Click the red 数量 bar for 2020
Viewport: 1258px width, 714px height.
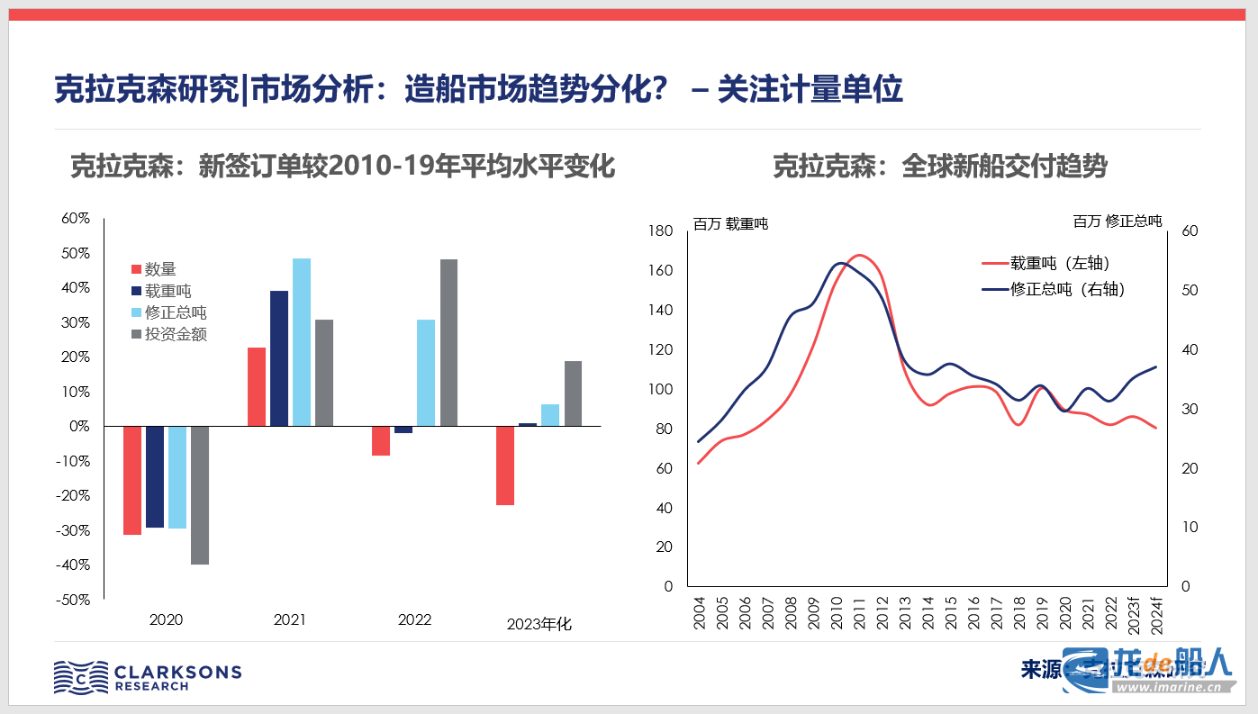132,480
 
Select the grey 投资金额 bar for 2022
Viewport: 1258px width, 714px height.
448,342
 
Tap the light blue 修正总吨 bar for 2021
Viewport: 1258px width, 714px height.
302,341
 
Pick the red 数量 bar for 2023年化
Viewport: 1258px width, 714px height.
505,465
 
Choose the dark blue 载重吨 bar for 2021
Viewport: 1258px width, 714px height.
279,357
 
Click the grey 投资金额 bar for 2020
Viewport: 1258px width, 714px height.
199,494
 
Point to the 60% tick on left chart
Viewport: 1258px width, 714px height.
76,219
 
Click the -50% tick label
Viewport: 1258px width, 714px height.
74,600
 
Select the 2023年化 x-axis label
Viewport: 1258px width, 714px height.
538,624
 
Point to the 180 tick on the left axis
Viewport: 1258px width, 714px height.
661,231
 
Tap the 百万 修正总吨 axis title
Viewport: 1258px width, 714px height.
1118,221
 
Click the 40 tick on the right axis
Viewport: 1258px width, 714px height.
1189,349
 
